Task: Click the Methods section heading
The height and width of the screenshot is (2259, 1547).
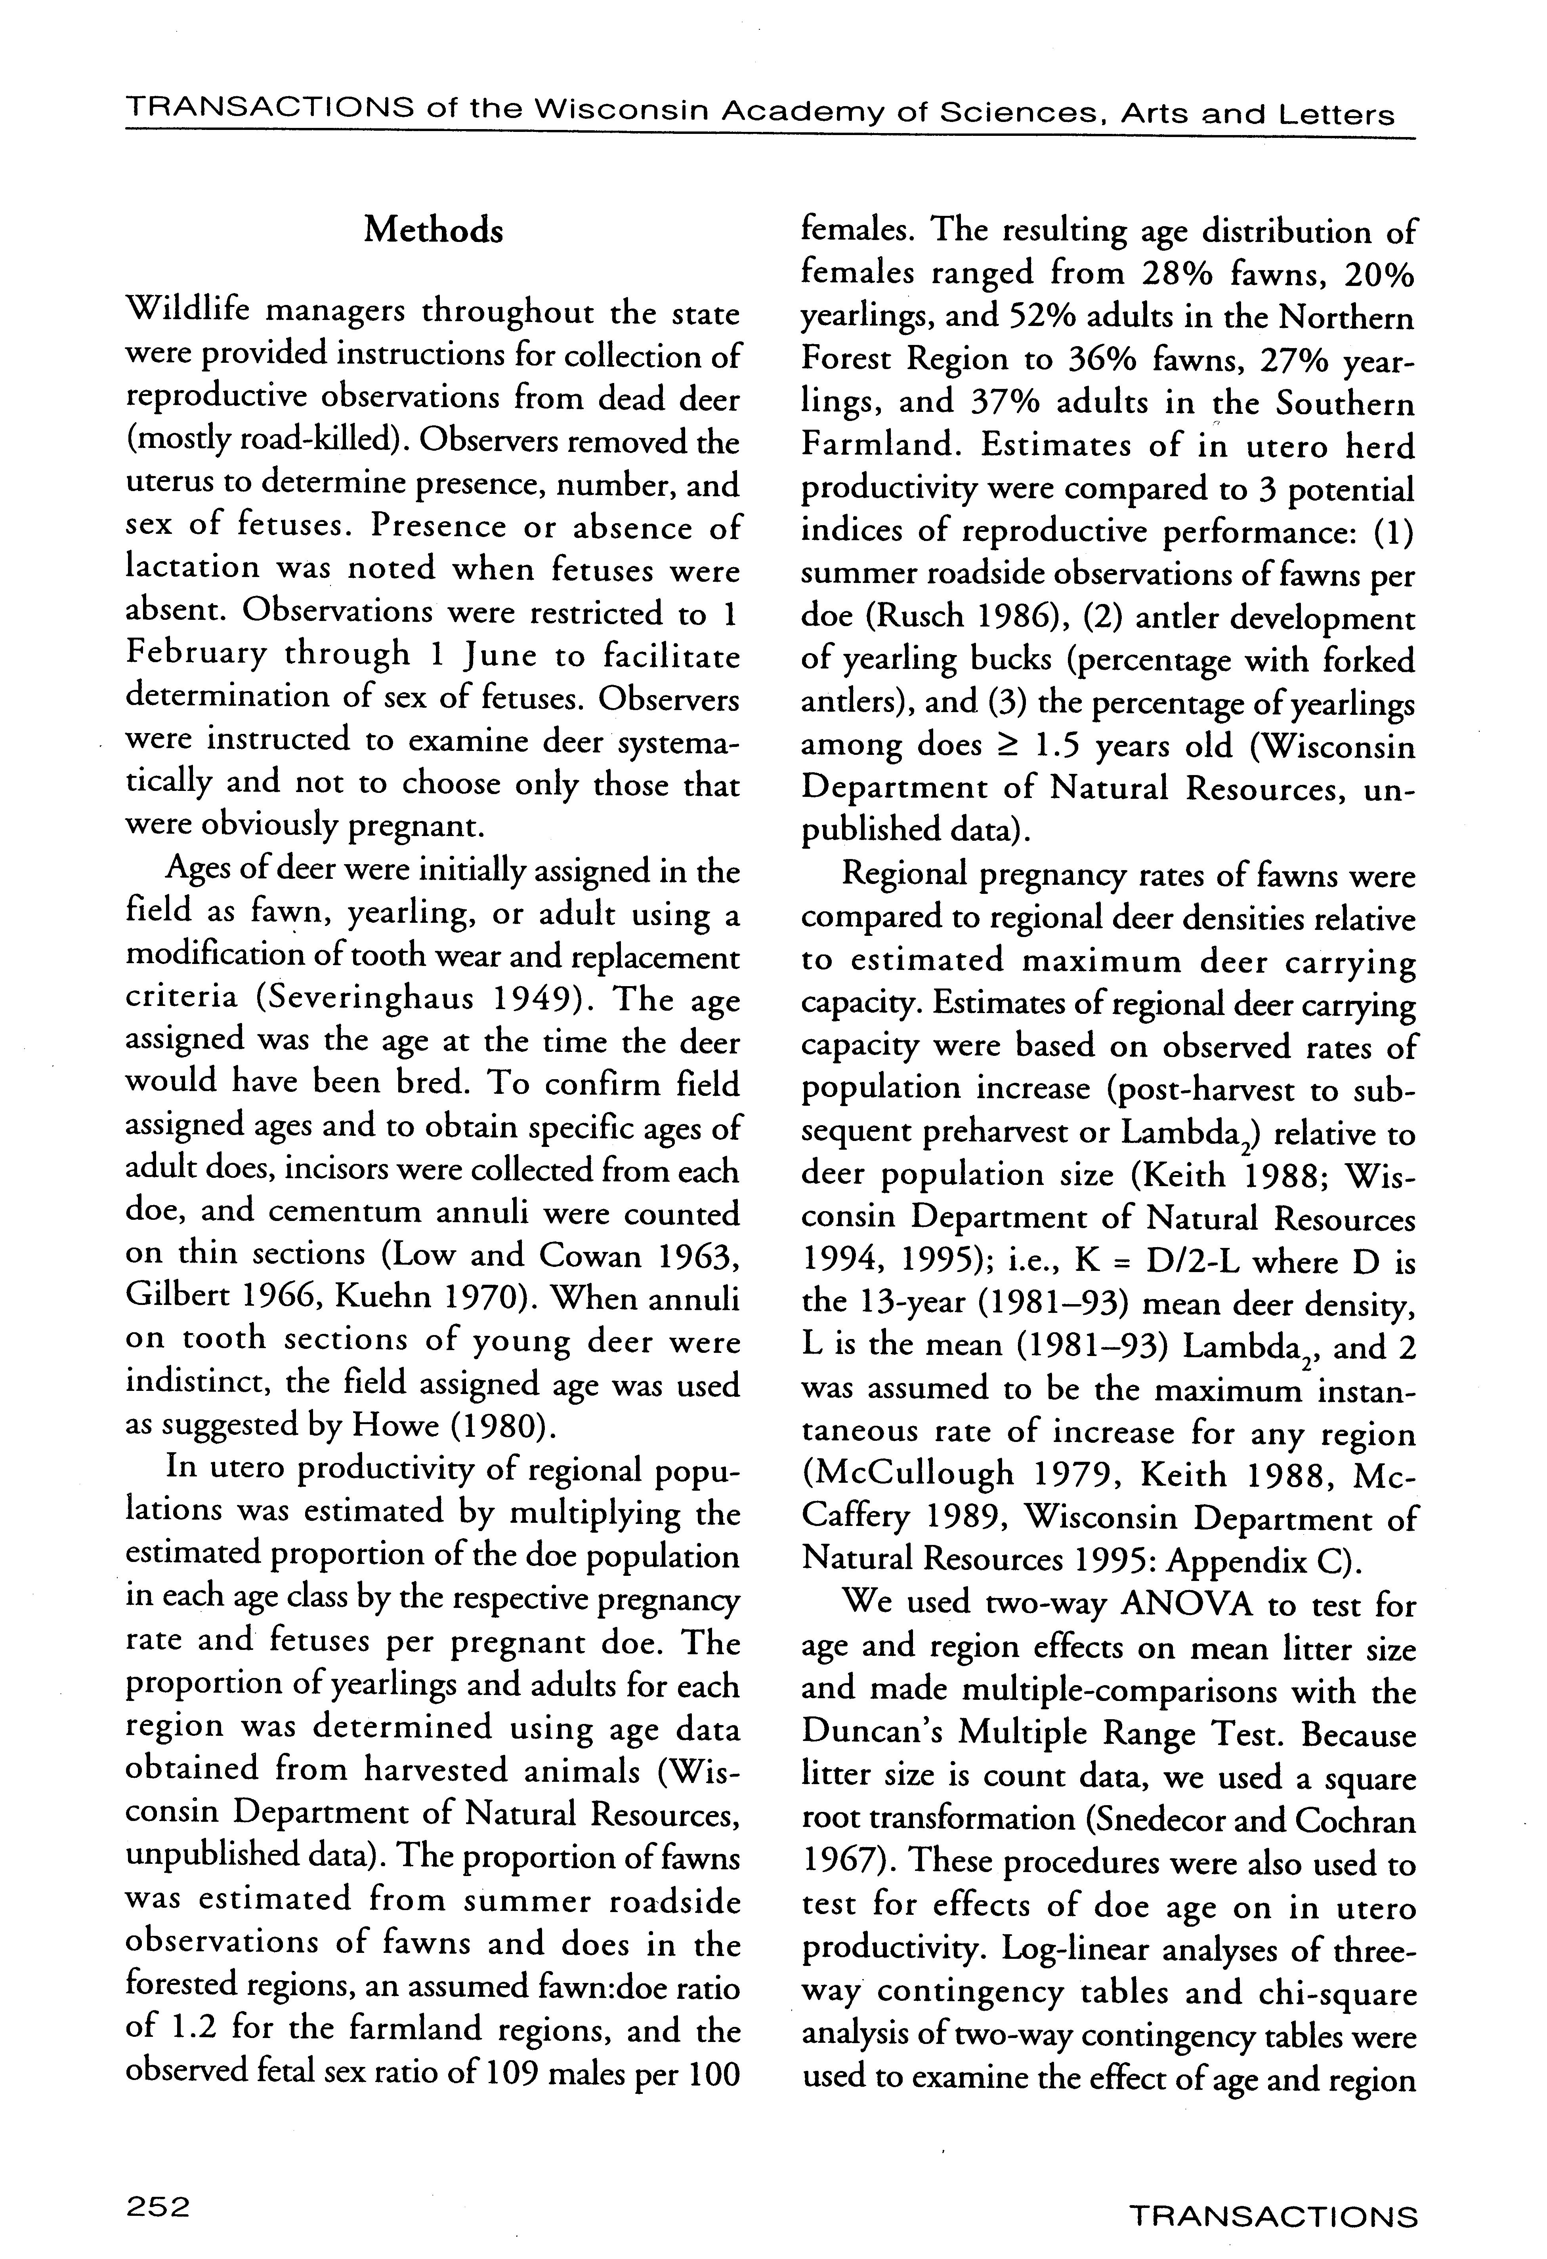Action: coord(434,230)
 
